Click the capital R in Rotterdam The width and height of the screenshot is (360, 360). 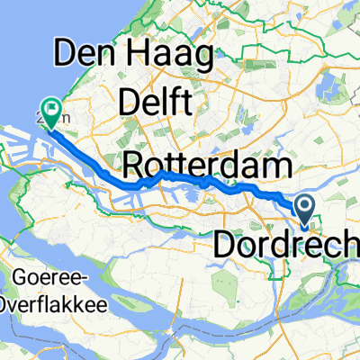(133, 166)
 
